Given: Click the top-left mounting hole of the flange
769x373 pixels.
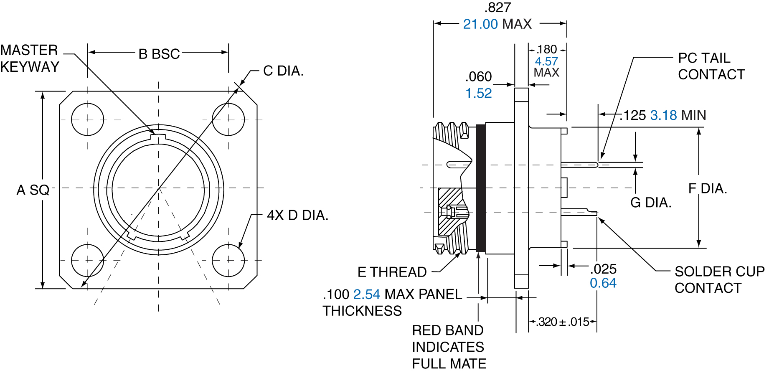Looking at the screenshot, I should tap(87, 120).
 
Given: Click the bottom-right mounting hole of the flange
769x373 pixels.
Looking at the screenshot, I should tap(228, 261).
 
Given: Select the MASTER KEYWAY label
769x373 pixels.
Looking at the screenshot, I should tap(30, 58).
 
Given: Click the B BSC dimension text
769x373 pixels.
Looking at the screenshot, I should tap(159, 54).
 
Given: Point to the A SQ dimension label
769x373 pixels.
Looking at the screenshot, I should tap(33, 190).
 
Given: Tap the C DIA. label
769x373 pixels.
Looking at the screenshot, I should tap(283, 71).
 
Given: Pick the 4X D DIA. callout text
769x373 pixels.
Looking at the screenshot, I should tap(297, 216).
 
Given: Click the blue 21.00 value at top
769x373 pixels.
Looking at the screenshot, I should tap(480, 24).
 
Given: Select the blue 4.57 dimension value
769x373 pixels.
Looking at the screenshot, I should tap(546, 61).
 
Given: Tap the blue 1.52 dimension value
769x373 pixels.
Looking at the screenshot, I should tap(478, 93).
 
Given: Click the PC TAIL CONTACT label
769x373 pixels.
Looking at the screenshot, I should tap(711, 66).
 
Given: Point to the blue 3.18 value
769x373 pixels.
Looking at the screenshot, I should tap(663, 115).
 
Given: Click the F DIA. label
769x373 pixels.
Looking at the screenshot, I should tap(708, 189).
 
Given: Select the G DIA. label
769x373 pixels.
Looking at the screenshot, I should tap(651, 203).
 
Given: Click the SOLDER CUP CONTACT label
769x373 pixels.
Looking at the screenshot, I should tap(719, 279).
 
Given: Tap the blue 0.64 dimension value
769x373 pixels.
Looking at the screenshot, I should tap(603, 283).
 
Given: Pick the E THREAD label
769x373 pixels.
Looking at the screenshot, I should tap(392, 272).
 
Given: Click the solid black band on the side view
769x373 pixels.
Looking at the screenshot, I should tap(481, 188).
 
